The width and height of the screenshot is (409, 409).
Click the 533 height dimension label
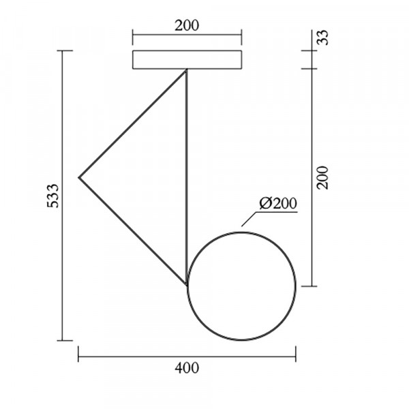tap(53, 196)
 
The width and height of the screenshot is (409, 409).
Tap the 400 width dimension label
tap(187, 368)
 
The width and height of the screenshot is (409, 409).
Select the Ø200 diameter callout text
tap(278, 203)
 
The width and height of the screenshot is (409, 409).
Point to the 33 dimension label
tap(322, 37)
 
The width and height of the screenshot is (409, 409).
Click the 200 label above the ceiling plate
tap(187, 26)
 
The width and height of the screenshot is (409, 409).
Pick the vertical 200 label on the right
tap(322, 177)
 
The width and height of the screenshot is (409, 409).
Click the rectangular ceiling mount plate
tap(187, 60)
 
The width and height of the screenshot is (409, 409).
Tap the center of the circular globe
tap(241, 286)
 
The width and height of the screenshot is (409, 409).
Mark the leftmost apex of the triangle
tap(79, 178)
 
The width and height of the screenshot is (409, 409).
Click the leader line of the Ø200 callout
tap(248, 219)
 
